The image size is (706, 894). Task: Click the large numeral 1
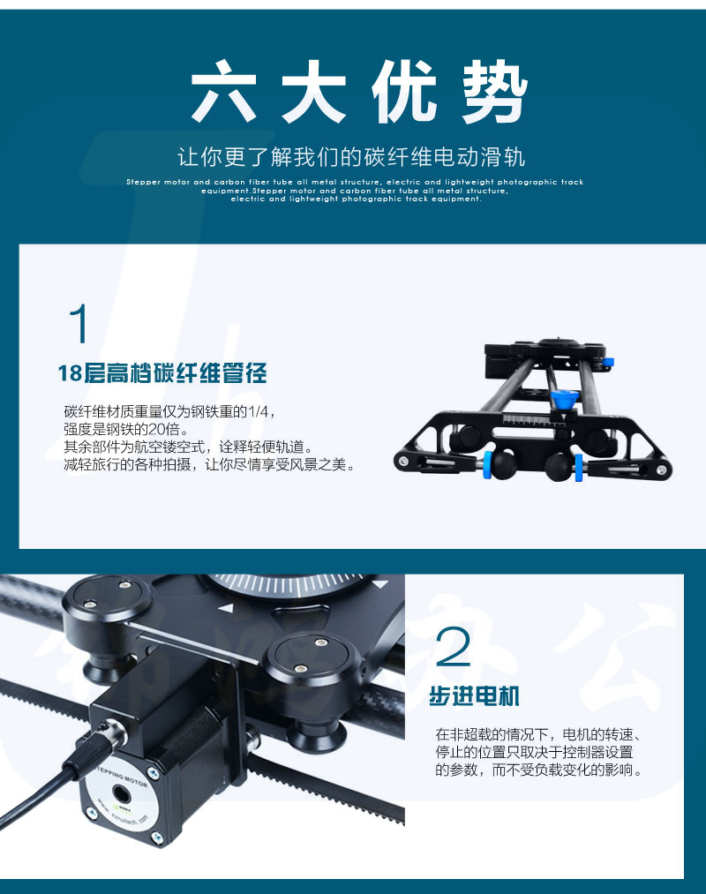(79, 323)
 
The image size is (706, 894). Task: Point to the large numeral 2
(454, 646)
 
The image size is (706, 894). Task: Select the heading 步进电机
(475, 696)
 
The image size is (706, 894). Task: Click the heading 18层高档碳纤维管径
(162, 373)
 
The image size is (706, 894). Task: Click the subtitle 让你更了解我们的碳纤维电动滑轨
(351, 156)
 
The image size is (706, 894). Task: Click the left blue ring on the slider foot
(488, 465)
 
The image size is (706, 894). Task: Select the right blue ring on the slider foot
(578, 468)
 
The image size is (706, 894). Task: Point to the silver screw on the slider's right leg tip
(662, 470)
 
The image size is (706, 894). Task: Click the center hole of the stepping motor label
(120, 793)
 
